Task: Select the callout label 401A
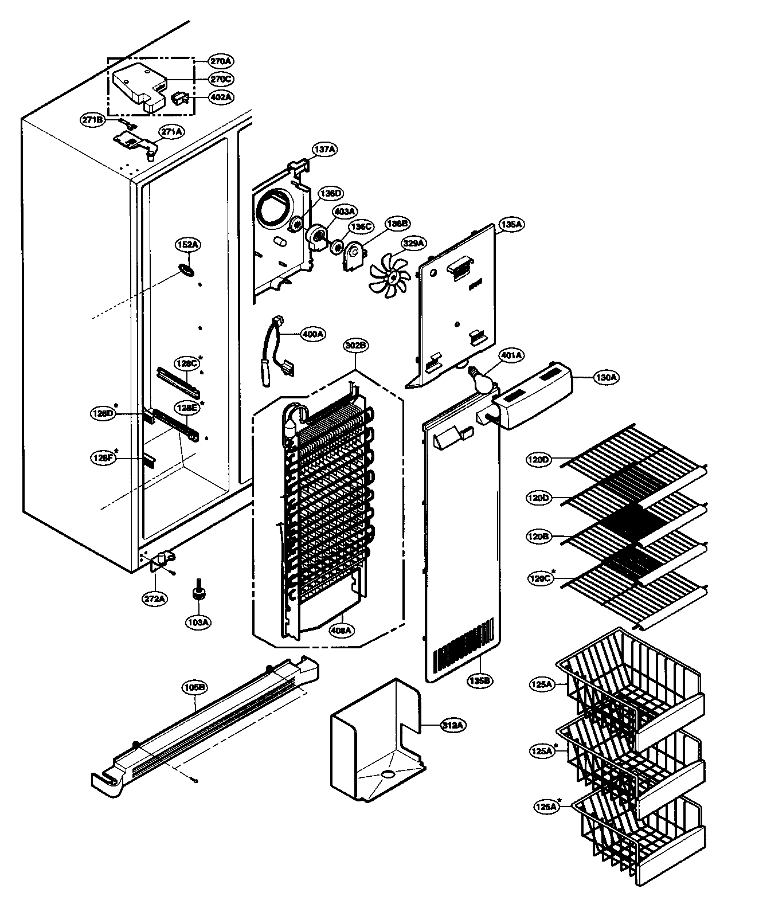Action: [x=511, y=355]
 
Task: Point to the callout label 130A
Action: [x=605, y=377]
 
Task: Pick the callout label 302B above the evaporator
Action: [x=356, y=346]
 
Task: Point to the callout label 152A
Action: [x=187, y=245]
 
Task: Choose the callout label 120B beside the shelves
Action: [x=539, y=537]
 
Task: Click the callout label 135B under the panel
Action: [x=480, y=681]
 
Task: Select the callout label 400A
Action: [x=313, y=333]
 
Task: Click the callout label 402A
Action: [x=221, y=97]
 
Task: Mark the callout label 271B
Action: [x=92, y=120]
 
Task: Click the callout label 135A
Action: [x=511, y=225]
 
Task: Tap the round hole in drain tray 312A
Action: [x=388, y=774]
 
